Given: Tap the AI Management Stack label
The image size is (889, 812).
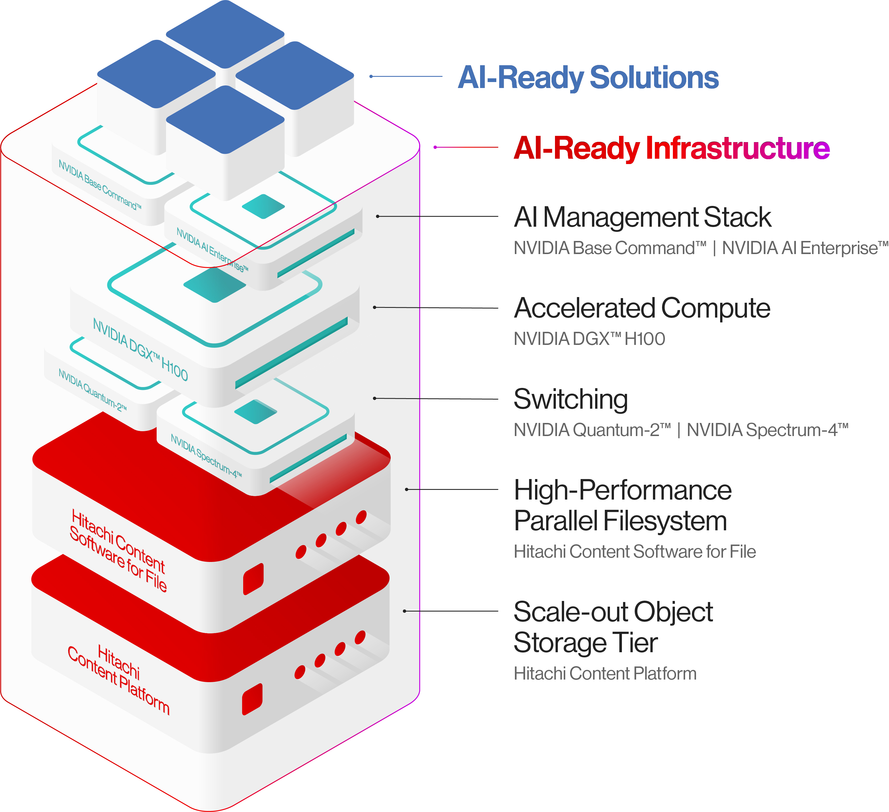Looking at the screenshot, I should [642, 217].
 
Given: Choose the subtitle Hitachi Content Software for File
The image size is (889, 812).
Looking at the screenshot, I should [634, 552].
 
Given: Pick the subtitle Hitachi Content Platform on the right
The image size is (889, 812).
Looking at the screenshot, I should [605, 674].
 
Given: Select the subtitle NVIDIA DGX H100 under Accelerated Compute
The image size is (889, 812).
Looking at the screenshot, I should [589, 339].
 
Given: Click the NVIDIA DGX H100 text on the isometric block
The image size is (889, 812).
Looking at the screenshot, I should [140, 349].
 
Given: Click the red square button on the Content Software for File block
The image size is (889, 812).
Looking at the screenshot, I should [253, 578].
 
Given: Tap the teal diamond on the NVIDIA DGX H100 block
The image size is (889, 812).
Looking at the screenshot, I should [214, 285].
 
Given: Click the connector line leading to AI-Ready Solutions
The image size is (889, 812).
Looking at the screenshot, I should [406, 76].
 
